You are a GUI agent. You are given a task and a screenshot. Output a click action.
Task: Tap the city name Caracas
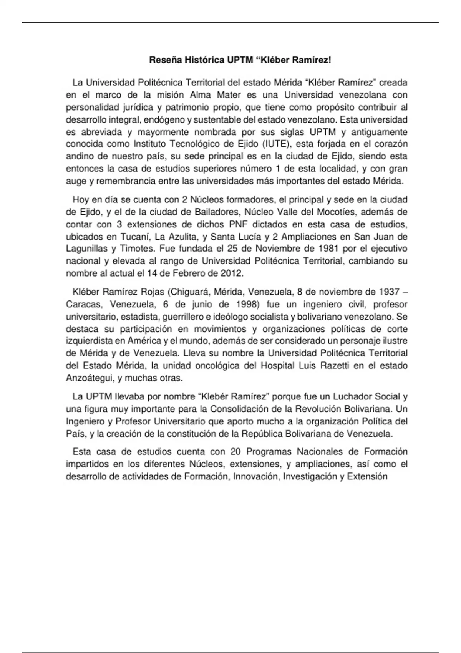pyautogui.click(x=84, y=304)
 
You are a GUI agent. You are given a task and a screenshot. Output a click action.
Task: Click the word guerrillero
pyautogui.click(x=184, y=317)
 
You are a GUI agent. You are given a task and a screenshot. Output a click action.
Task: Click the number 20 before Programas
pyautogui.click(x=235, y=452)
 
